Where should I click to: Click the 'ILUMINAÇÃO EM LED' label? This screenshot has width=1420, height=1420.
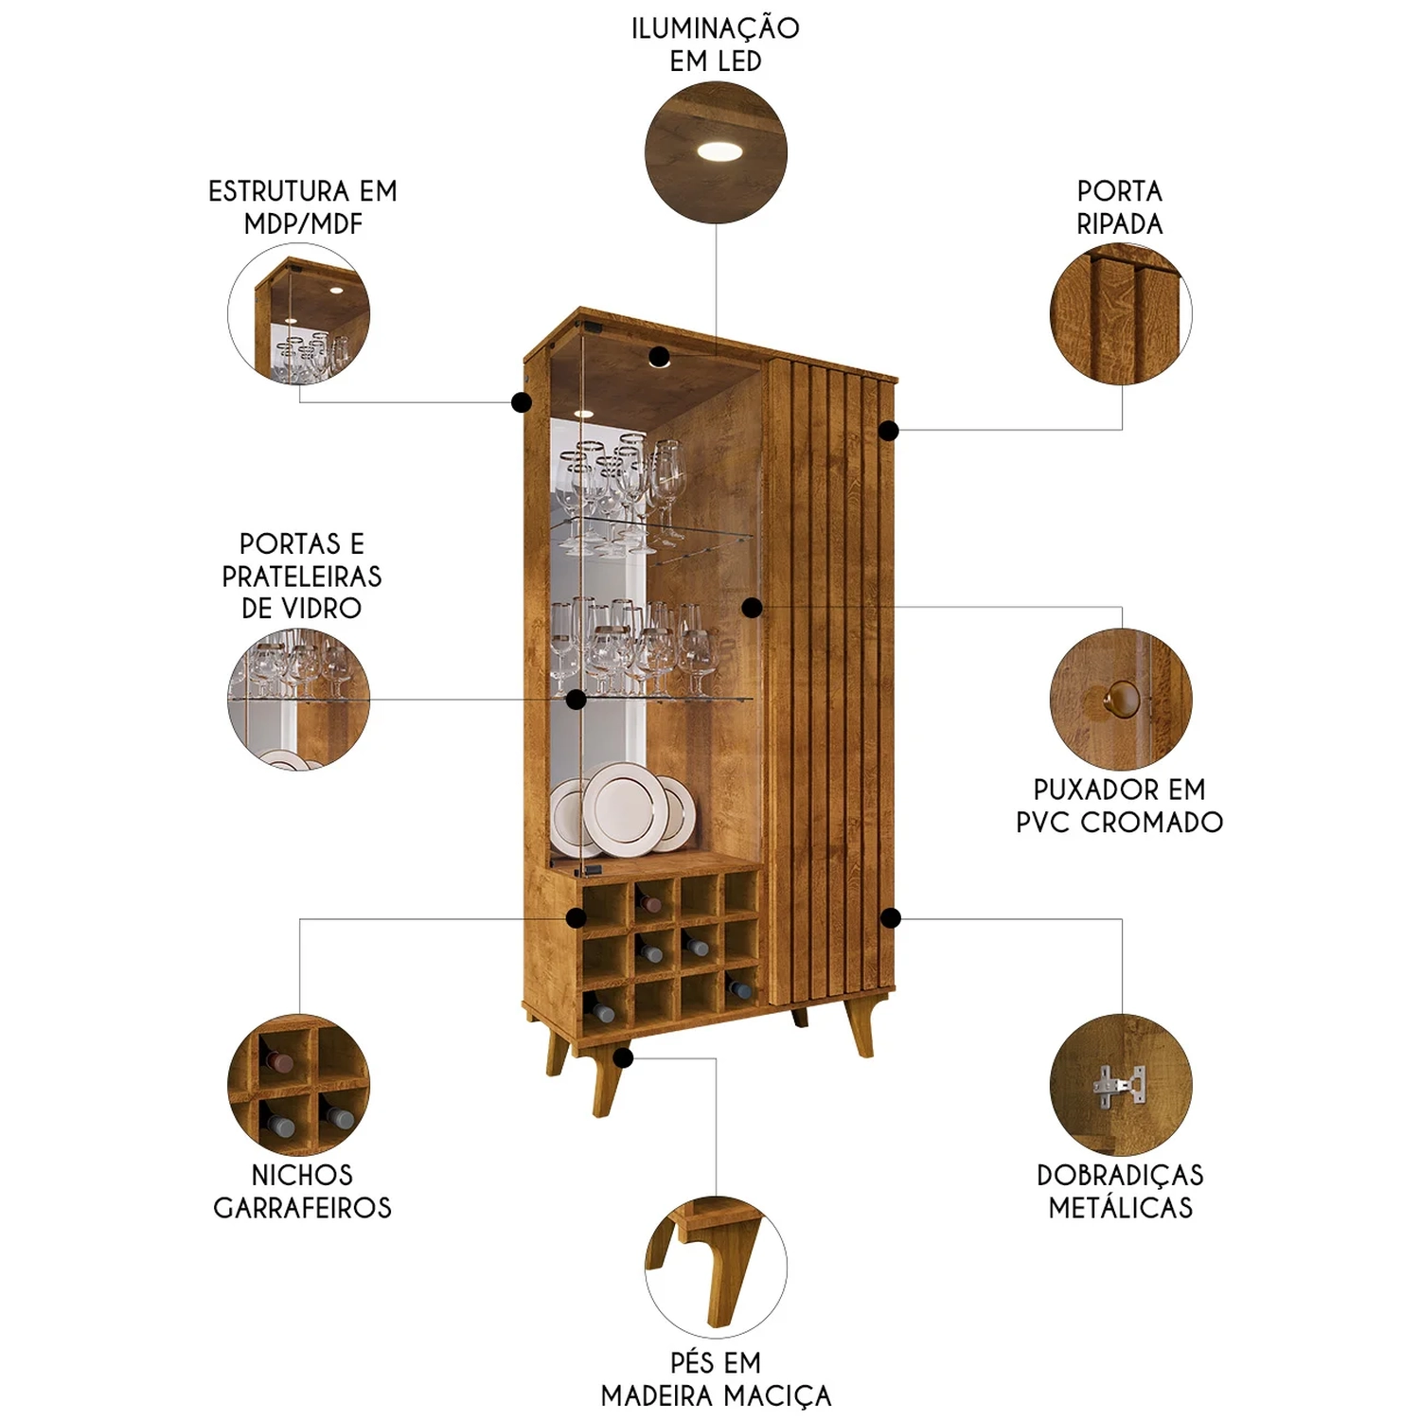coord(716,44)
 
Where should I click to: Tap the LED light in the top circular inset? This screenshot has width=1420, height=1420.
coord(721,150)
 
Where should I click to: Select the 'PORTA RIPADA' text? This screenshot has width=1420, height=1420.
coord(1120,207)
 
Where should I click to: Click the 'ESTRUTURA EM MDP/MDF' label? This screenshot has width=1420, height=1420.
coord(303,207)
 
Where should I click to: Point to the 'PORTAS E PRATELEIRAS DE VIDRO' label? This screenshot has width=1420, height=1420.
coord(302,576)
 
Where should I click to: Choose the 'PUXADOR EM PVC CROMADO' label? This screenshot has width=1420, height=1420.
coord(1120,806)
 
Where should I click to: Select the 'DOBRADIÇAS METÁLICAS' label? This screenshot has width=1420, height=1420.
coord(1120,1191)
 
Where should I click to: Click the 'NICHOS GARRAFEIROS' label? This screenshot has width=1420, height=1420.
coord(302,1191)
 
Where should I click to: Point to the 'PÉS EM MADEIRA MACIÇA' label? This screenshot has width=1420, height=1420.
coord(716,1379)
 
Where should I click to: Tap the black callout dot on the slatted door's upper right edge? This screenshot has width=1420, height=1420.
coord(888,431)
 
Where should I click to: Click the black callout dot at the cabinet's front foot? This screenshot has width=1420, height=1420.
coord(622,1057)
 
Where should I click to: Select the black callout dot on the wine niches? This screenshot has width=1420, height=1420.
coord(576,917)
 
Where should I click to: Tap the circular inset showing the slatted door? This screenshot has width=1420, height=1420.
coord(1121,313)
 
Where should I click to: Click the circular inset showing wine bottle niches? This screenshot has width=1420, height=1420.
coord(299,1085)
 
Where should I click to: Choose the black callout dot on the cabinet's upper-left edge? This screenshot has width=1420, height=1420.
coord(521,402)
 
